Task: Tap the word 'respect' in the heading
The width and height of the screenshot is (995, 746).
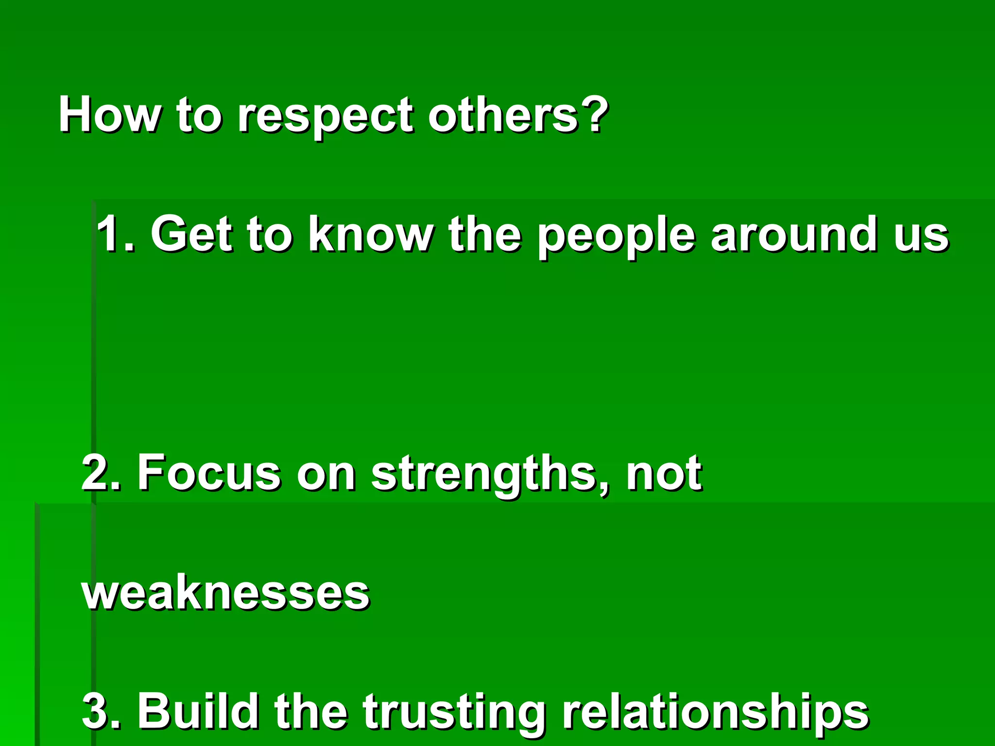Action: tap(325, 117)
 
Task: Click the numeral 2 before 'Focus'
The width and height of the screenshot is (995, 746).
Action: tap(97, 472)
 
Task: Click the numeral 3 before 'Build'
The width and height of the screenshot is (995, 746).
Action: tap(97, 711)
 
